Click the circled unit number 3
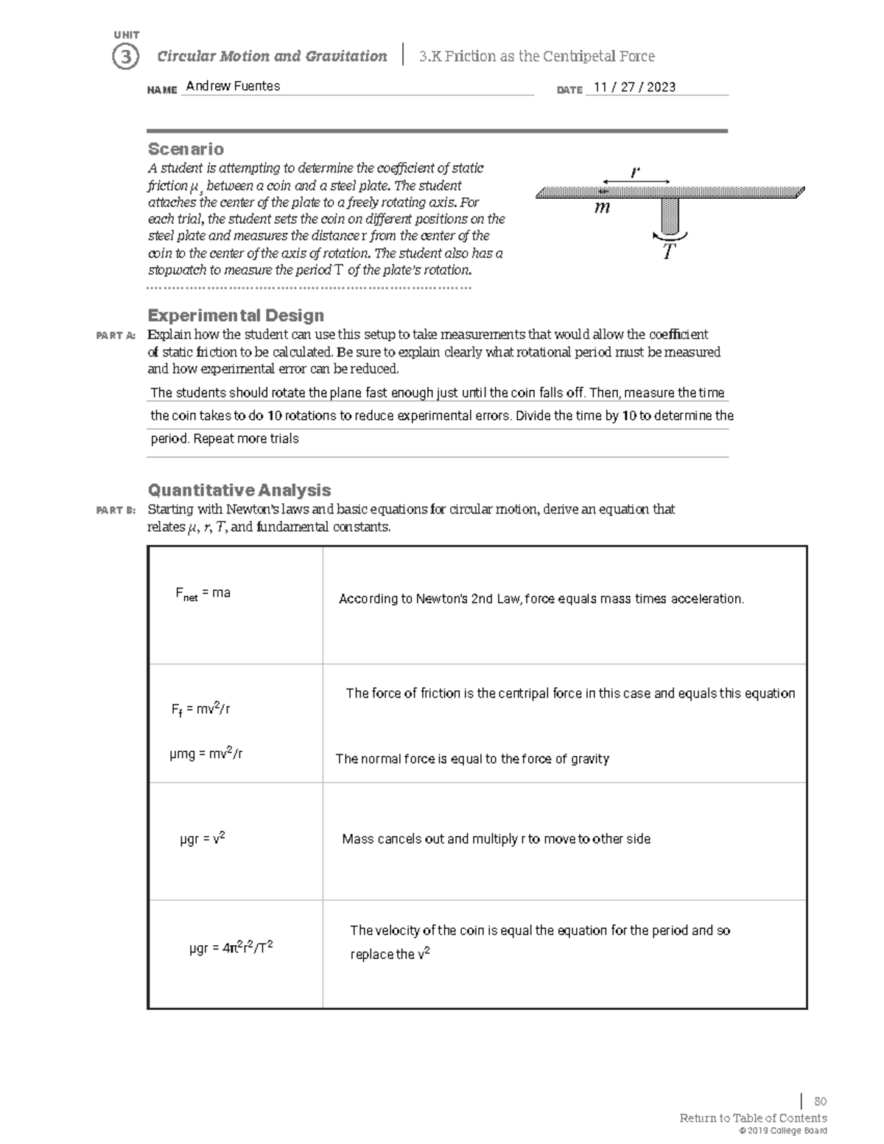(125, 57)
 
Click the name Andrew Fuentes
(233, 86)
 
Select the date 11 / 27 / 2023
(634, 87)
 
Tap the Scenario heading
(186, 149)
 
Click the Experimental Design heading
(236, 315)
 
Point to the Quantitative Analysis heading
(239, 490)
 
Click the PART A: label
(116, 336)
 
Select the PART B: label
(116, 510)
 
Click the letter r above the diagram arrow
(635, 172)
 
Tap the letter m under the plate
(602, 208)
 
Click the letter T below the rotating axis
(668, 253)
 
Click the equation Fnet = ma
(203, 594)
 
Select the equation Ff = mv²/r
(200, 709)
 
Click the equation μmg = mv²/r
(206, 753)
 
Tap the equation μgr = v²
(203, 838)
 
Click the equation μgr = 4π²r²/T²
(231, 947)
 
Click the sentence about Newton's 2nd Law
(541, 599)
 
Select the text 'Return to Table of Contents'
(753, 1117)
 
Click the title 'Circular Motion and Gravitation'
(272, 56)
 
